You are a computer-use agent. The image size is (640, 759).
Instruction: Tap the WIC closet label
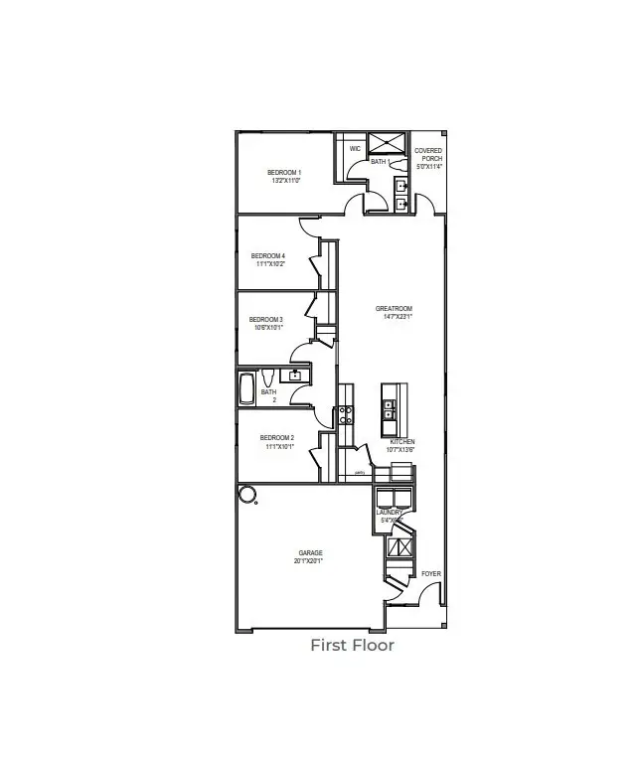coord(355,149)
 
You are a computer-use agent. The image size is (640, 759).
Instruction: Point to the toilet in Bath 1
coord(396,162)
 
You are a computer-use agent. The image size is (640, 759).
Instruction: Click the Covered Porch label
coord(428,155)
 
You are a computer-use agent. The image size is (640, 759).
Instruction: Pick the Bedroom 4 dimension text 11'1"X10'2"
coord(271,264)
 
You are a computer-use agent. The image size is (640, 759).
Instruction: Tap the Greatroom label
coord(393,308)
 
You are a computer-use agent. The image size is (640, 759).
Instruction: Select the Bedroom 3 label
coord(266,319)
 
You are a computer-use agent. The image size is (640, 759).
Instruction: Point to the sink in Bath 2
coord(294,375)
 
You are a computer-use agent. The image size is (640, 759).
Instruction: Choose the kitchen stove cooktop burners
coord(345,414)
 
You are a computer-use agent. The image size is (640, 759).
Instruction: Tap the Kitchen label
coord(401,441)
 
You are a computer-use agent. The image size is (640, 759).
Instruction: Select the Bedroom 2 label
coord(276,437)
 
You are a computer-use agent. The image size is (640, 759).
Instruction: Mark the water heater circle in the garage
coord(245,495)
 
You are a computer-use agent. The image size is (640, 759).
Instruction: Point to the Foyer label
coord(430,574)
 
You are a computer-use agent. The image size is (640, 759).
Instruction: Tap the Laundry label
coord(389,513)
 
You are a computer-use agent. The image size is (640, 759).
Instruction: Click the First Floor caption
coord(352,646)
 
